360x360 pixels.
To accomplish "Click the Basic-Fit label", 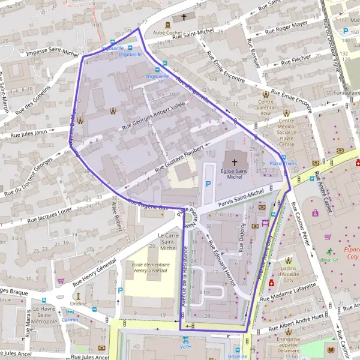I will (329, 260).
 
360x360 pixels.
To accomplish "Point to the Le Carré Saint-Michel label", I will (168, 242).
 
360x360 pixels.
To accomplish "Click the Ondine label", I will (78, 303).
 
